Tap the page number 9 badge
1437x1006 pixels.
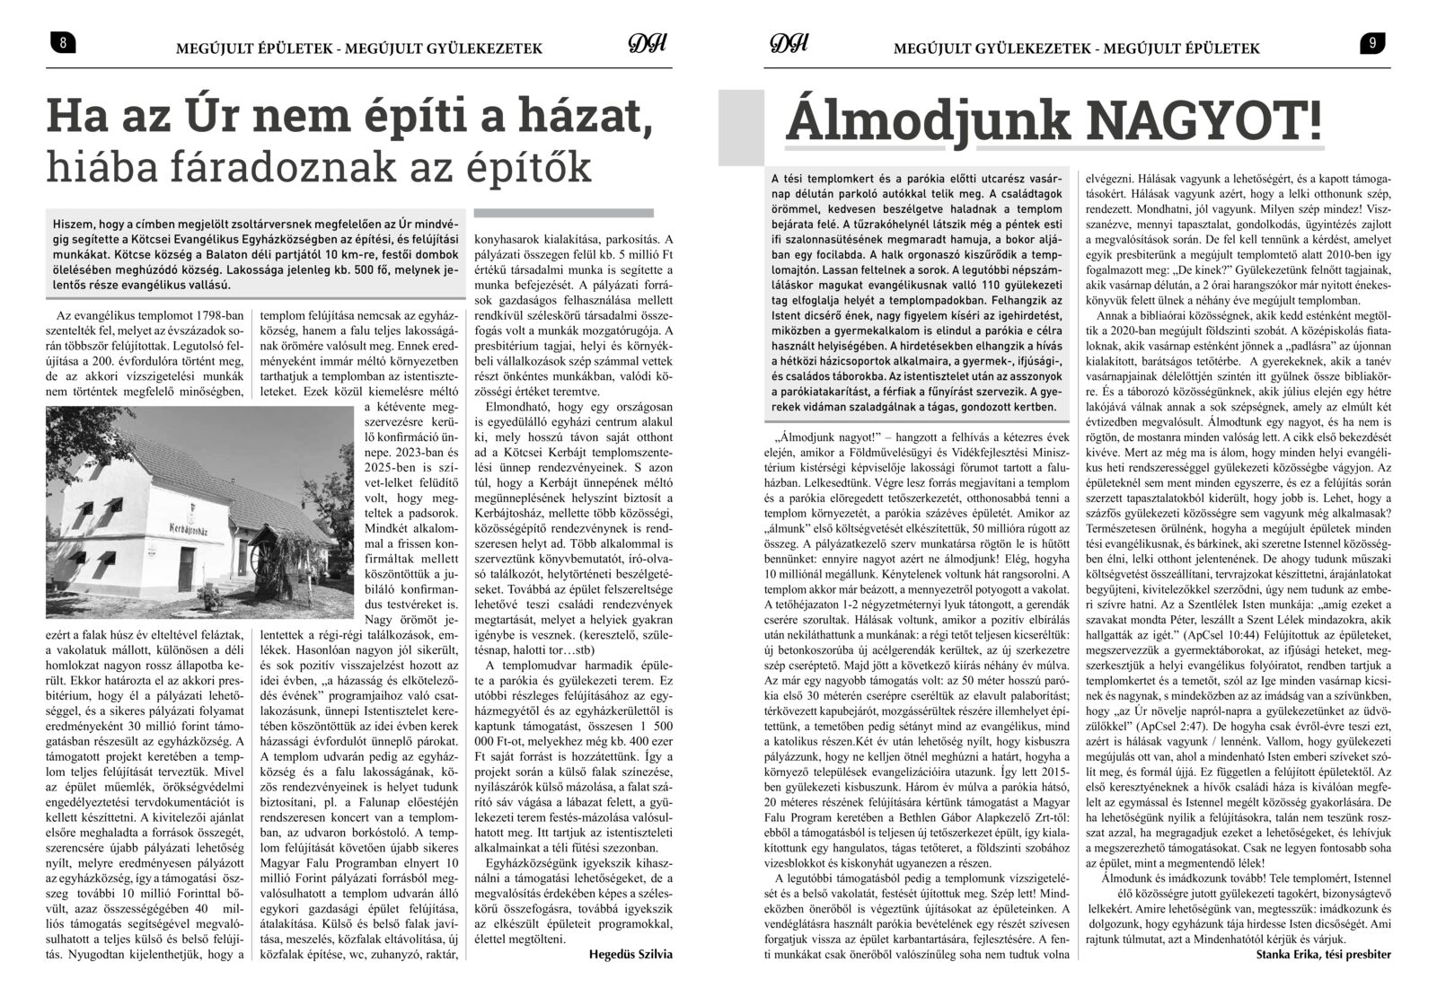[x=1373, y=42]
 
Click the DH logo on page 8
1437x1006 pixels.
[x=644, y=45]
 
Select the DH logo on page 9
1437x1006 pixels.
[x=790, y=45]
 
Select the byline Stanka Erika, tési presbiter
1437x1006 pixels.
[x=1324, y=954]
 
